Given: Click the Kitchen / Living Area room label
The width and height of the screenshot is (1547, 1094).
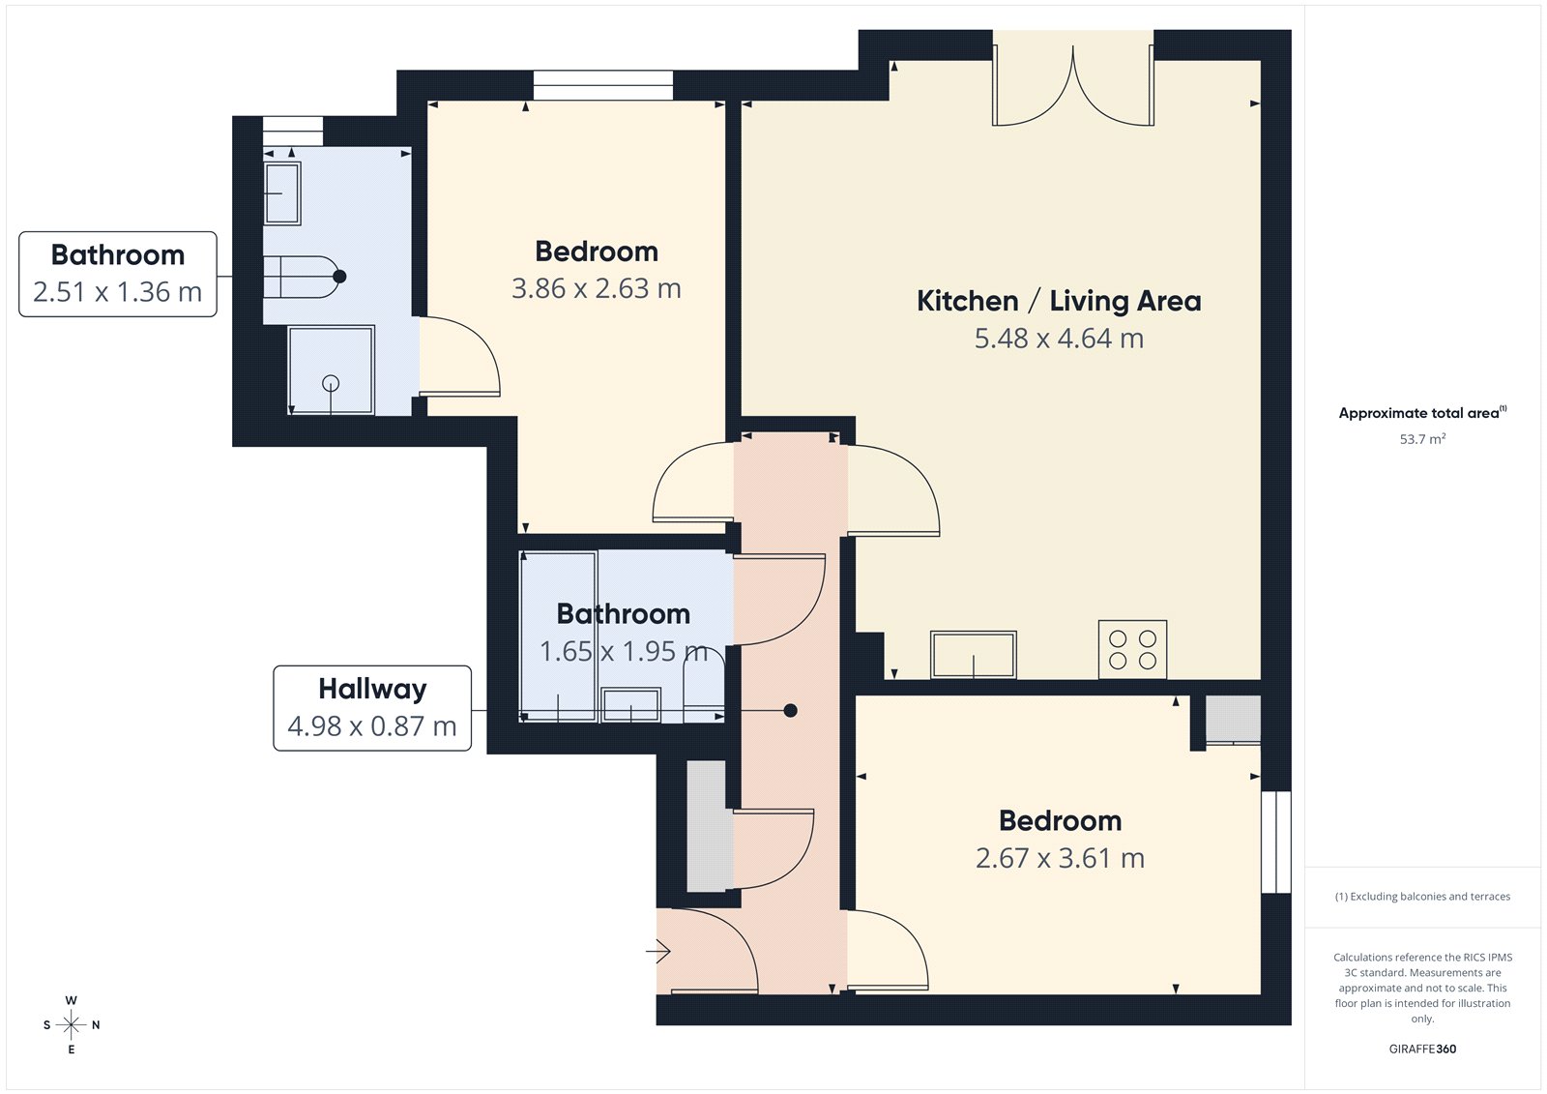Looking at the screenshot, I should pos(1059,301).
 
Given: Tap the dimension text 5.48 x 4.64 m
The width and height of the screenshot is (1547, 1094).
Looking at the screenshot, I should pos(1059,339).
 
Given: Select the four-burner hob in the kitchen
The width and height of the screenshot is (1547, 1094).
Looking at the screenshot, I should pos(1132,650).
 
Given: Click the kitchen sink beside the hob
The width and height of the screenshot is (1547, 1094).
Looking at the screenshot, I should pos(973,655).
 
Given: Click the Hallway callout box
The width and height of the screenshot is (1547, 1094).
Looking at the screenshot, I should pos(372,708).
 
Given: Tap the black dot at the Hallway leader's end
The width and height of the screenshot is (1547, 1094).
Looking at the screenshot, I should pos(790,711).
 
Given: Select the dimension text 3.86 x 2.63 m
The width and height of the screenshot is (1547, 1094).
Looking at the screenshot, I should pos(596,289).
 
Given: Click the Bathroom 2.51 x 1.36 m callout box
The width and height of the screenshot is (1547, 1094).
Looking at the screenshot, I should pos(118,274).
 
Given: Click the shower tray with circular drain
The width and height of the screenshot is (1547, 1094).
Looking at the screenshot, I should pos(331,371).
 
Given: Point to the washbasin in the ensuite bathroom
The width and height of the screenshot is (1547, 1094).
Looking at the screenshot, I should pos(282,193).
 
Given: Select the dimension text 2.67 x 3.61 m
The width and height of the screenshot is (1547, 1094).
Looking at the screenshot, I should pos(1060,859).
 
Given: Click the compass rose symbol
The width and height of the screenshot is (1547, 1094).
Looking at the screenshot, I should pos(72,1024).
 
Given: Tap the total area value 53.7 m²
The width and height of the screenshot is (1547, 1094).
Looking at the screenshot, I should pos(1422,439).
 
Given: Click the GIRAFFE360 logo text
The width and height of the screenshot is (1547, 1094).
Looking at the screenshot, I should pos(1422,1049).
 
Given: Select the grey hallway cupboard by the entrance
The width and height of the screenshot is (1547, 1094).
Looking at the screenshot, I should pos(707,826).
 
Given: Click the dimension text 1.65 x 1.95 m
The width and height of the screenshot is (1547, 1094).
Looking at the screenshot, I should pos(624,652).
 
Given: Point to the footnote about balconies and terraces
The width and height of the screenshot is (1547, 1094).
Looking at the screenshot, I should pos(1422,897).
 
